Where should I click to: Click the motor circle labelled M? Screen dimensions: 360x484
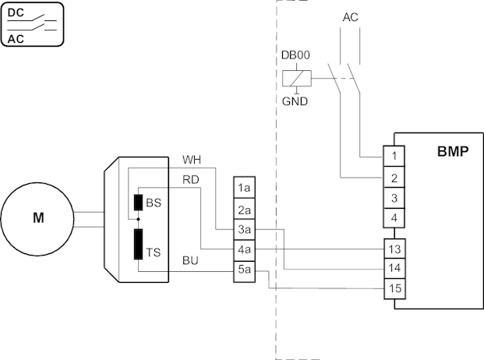[37, 217]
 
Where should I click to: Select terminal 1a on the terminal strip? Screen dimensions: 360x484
[244, 189]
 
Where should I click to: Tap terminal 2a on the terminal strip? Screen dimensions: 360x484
[244, 210]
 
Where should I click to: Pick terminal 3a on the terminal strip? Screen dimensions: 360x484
[244, 230]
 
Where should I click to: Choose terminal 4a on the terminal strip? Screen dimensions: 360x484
[244, 250]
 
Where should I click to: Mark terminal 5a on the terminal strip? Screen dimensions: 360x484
[244, 270]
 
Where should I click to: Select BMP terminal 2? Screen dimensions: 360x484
[395, 178]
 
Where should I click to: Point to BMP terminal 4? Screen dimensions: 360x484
[395, 218]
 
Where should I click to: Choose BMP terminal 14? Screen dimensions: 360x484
[395, 269]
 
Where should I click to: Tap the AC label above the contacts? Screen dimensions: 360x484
[351, 17]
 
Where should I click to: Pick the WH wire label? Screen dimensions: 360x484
[191, 160]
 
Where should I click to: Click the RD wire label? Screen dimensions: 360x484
[190, 180]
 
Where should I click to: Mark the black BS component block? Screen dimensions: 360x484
[138, 203]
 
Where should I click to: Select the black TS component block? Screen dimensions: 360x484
[138, 244]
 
